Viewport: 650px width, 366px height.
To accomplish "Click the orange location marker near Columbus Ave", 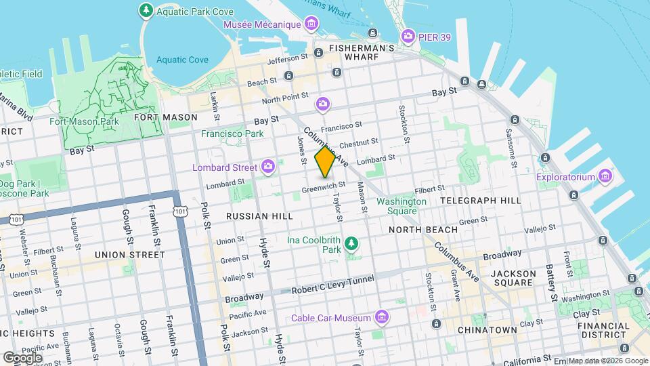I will click(326, 162).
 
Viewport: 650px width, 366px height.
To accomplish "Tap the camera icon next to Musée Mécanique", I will click(311, 25).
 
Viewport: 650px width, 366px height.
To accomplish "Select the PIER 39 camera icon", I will click(408, 35).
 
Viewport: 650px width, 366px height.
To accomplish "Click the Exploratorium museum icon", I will click(606, 178).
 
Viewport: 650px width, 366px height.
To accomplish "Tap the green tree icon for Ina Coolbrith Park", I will click(351, 243).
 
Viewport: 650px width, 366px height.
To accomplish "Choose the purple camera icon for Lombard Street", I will click(269, 167).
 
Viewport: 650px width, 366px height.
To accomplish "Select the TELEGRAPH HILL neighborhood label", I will click(481, 201).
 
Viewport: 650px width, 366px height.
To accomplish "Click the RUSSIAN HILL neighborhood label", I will click(259, 216).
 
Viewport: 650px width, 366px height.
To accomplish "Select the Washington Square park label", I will click(402, 206).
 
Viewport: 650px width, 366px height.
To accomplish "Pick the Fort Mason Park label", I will click(85, 122).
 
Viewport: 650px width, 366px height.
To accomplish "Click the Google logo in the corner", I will click(22, 357).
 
